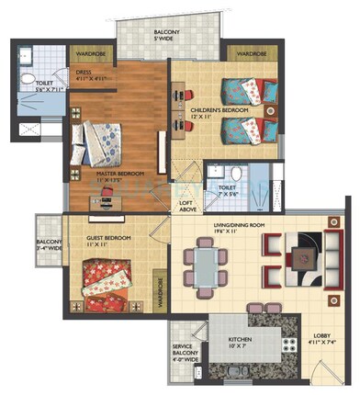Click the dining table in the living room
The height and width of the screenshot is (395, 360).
pos(208,268)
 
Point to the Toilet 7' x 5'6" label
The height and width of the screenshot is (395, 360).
pos(224,194)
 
